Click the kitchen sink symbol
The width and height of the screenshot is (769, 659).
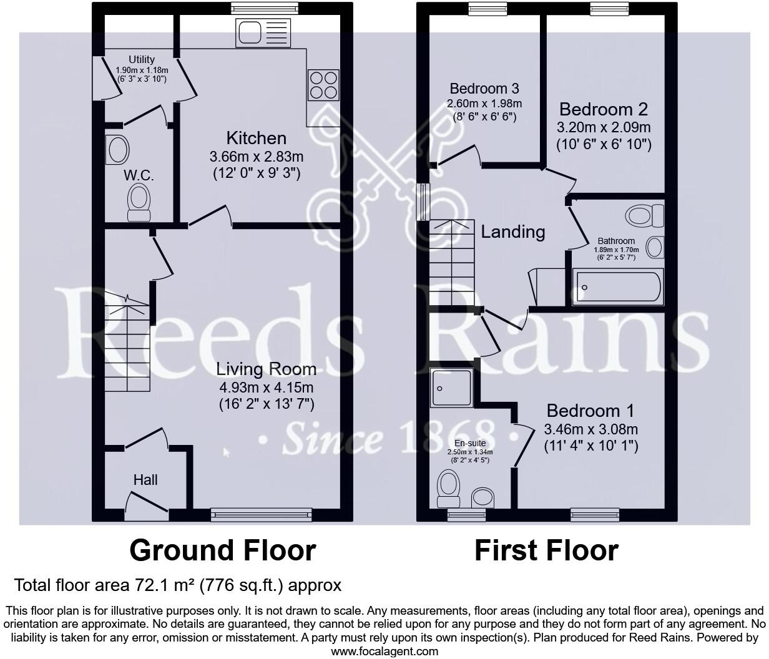click(x=263, y=32)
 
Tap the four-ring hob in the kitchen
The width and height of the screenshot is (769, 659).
click(x=323, y=85)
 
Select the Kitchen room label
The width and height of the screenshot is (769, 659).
click(x=256, y=138)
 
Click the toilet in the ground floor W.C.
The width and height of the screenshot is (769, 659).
click(x=139, y=204)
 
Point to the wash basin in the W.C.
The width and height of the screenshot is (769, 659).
click(x=117, y=150)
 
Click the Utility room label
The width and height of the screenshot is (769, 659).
click(x=141, y=60)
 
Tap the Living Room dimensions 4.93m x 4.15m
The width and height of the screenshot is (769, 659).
click(x=266, y=388)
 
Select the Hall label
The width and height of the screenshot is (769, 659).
click(x=145, y=480)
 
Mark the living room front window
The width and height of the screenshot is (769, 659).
click(x=261, y=514)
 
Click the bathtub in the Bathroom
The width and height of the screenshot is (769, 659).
click(x=617, y=287)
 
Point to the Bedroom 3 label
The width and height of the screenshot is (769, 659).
click(x=484, y=88)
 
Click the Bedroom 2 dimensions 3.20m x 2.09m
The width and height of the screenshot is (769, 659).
click(x=604, y=128)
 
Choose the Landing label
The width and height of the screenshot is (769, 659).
click(x=512, y=232)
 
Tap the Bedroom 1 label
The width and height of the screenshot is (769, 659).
click(x=590, y=411)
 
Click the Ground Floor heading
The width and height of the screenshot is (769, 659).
click(x=222, y=550)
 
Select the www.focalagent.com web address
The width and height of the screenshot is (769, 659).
click(x=384, y=652)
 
